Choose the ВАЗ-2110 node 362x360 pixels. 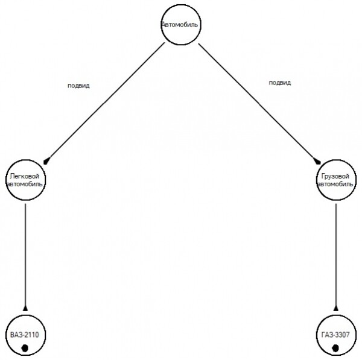[x=25, y=335]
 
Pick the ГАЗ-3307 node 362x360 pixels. [x=335, y=335]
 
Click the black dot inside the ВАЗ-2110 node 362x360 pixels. [x=25, y=347]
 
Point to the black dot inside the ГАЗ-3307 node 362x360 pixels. [x=335, y=347]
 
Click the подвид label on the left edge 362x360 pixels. [x=78, y=86]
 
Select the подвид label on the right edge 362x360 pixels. [x=279, y=83]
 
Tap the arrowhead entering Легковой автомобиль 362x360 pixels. [x=46, y=160]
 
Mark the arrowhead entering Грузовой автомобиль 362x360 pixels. [x=318, y=161]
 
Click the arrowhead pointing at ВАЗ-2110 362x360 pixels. [x=25, y=308]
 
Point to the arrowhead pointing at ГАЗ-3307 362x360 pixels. [x=335, y=308]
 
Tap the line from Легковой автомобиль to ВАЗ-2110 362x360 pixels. [x=25, y=253]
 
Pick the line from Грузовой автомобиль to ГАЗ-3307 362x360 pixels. [x=335, y=253]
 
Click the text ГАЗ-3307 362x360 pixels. [x=335, y=333]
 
